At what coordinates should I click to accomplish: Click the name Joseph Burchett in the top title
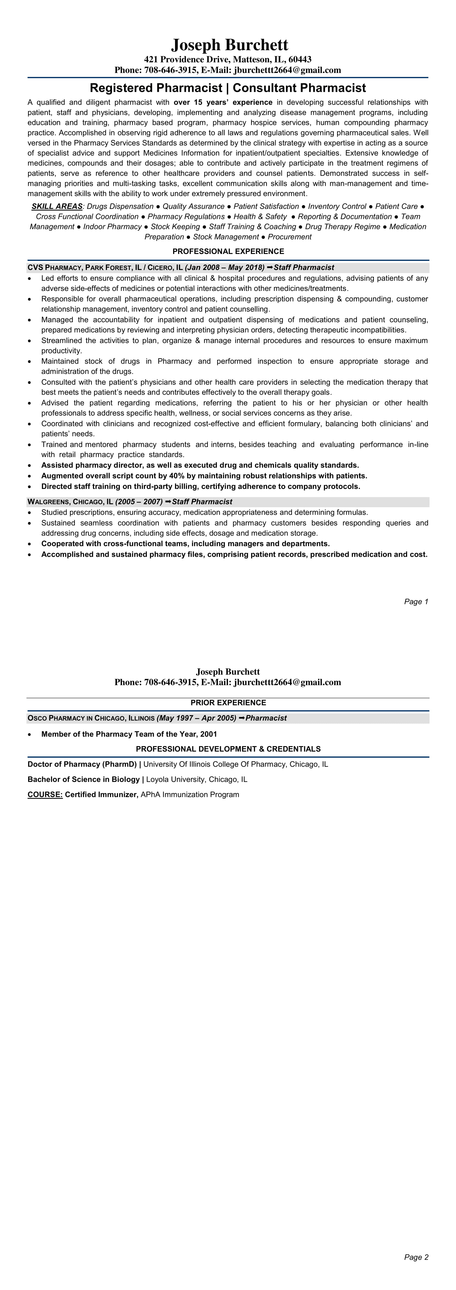(229, 45)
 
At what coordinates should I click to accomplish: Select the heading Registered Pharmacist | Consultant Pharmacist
(228, 88)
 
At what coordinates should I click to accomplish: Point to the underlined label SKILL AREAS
(57, 206)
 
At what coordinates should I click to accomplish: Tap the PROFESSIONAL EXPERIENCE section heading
(228, 251)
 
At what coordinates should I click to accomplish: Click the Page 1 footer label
(416, 601)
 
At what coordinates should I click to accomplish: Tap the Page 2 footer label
(416, 1257)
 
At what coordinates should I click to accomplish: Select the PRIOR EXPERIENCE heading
(228, 703)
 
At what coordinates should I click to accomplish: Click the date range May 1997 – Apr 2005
(196, 718)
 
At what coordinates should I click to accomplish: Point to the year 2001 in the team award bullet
(208, 734)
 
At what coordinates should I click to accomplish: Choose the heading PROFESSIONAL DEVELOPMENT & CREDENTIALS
(228, 749)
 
